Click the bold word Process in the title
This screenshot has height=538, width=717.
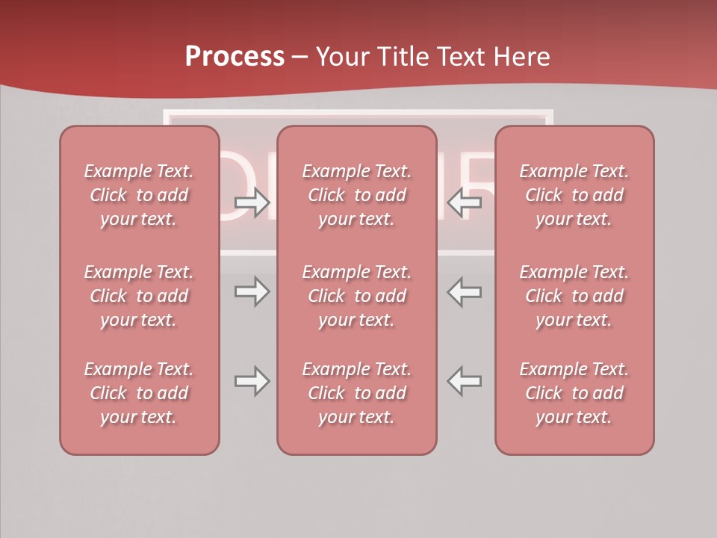click(235, 57)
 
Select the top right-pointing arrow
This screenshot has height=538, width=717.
click(252, 202)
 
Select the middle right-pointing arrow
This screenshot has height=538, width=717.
click(252, 291)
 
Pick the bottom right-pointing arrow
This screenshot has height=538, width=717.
click(252, 381)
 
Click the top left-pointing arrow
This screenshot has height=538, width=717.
click(465, 202)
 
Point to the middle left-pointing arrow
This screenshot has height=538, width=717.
click(465, 291)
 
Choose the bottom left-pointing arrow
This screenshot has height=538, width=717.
click(465, 381)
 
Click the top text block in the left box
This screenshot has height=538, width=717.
click(139, 195)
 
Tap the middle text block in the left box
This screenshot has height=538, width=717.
click(139, 296)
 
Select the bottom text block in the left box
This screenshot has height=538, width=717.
click(139, 393)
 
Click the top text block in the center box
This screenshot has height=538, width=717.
click(356, 195)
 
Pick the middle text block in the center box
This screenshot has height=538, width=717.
click(356, 296)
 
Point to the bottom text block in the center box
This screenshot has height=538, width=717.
click(356, 393)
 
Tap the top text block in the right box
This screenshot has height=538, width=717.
click(574, 195)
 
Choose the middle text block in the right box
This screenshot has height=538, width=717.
click(574, 296)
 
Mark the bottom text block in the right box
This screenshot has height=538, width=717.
click(574, 393)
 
